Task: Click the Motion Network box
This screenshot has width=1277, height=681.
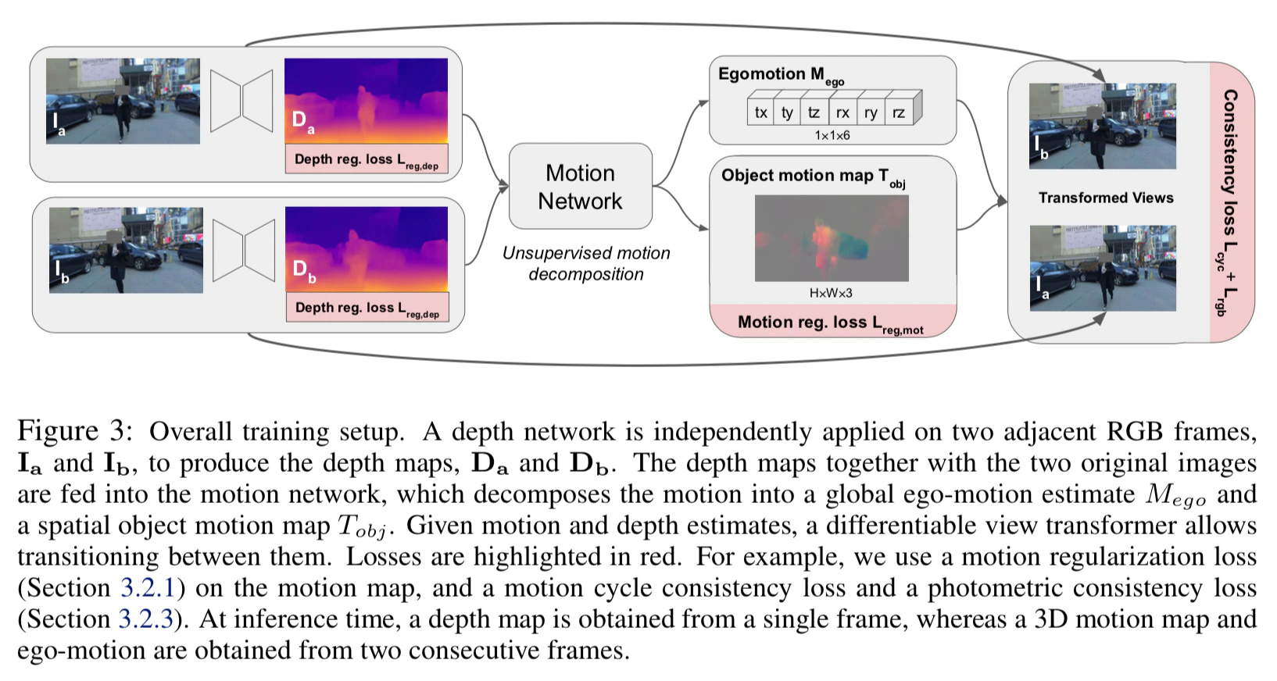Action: [x=581, y=187]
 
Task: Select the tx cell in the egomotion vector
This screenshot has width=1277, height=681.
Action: [x=760, y=112]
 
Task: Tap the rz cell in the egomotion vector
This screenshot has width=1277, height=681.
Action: [x=899, y=112]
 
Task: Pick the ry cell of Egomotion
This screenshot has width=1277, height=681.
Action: [x=871, y=112]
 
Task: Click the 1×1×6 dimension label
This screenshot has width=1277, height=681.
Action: [x=832, y=136]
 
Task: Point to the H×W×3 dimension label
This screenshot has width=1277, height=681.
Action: [x=831, y=293]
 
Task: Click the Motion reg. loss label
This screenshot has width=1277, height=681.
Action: [x=831, y=323]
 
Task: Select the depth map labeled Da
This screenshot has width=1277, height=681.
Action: [x=366, y=101]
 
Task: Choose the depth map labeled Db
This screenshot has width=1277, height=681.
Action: [x=367, y=250]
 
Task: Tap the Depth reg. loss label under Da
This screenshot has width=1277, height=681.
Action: [x=367, y=159]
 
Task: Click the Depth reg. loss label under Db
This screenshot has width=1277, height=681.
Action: [x=367, y=308]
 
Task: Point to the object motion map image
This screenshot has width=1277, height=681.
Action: [x=832, y=238]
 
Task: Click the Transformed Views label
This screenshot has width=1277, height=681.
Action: [x=1106, y=198]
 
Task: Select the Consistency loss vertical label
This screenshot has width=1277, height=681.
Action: [x=1229, y=202]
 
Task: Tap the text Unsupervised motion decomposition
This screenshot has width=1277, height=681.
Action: [x=586, y=263]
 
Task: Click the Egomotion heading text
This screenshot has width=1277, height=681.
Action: [x=781, y=75]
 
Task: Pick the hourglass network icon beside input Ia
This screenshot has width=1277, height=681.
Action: [x=241, y=101]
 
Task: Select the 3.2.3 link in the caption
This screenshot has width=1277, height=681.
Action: [x=146, y=619]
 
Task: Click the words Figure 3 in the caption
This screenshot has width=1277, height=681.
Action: [x=74, y=431]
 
